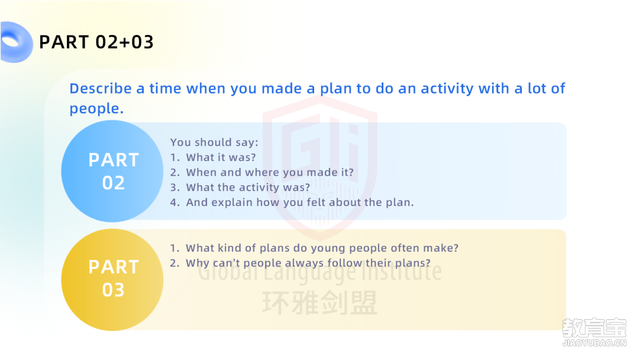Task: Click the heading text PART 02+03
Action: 96,42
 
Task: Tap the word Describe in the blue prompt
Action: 100,88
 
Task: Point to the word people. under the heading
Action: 96,109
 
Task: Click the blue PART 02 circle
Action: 112,171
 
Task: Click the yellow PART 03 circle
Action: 112,279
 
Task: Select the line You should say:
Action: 214,142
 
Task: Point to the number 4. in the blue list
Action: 175,202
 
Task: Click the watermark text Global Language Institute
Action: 320,271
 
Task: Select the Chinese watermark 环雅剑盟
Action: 320,303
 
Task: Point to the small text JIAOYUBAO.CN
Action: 594,343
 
